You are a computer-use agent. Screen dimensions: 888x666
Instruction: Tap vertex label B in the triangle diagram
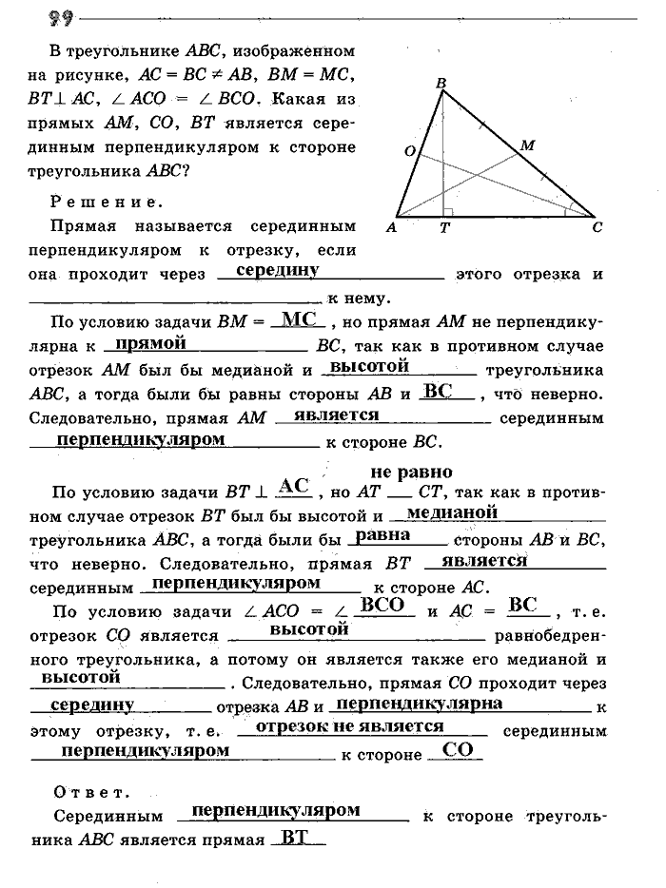coord(441,84)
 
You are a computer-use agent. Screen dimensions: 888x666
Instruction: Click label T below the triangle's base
coord(443,228)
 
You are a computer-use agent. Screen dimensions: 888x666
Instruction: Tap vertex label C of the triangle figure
coord(597,227)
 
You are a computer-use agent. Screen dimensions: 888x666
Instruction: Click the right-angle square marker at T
coord(448,211)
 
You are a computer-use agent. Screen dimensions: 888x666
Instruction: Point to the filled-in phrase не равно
coord(411,472)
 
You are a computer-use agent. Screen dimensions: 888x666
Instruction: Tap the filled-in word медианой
coord(452,512)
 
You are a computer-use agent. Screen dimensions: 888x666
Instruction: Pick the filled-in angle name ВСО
coord(384,605)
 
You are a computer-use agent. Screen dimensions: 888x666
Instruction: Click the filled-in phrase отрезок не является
coord(351,725)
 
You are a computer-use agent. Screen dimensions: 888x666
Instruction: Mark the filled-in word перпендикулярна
coord(420,704)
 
